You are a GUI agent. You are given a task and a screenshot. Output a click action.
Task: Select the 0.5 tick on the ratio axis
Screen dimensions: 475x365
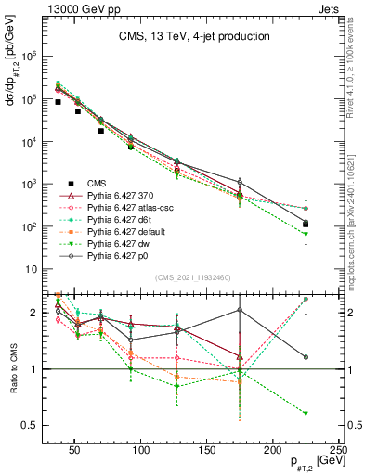pyautogui.click(x=33, y=425)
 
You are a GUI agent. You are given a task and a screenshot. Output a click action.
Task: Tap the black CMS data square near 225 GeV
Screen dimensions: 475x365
pyautogui.click(x=306, y=224)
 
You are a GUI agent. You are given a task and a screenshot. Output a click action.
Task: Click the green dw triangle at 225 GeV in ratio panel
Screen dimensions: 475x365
pyautogui.click(x=306, y=413)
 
